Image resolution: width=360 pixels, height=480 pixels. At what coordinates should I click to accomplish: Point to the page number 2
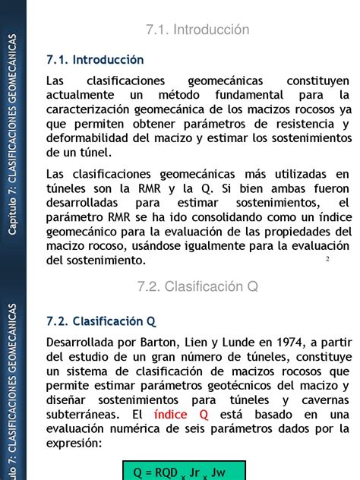[x=327, y=260]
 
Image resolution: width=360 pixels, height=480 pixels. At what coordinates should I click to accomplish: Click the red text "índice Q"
[x=181, y=414]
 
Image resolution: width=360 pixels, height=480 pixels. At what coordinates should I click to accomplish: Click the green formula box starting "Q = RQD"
[x=185, y=471]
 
